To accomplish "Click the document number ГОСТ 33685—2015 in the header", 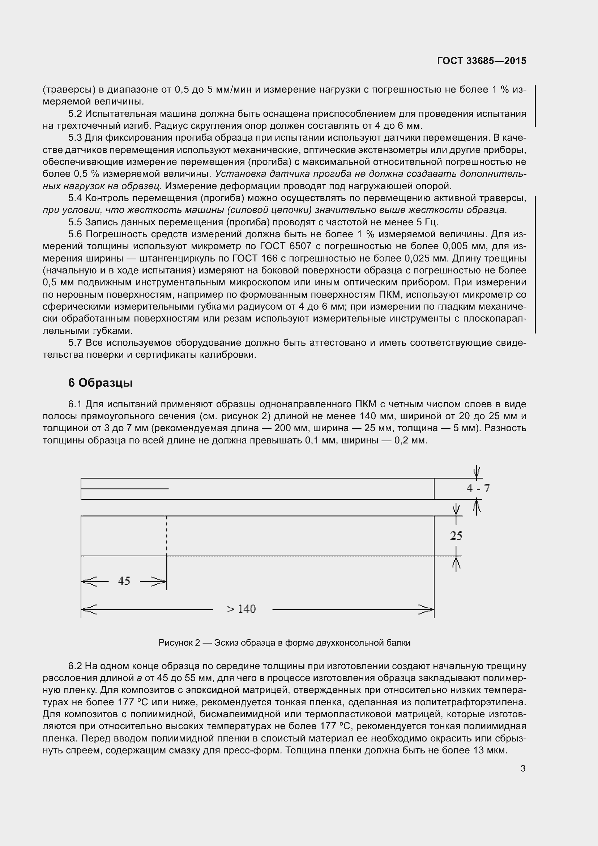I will [x=482, y=61].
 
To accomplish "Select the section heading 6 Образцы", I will [x=100, y=383].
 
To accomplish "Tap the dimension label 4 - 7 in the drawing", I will [x=478, y=488].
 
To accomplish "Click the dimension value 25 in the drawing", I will [x=456, y=536].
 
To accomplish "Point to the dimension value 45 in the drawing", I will [x=124, y=581].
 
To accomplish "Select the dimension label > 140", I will [x=241, y=609].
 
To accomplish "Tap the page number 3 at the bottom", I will [x=523, y=769].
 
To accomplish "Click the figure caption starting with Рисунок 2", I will [x=284, y=643].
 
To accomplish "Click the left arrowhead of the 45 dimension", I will [x=88, y=582].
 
